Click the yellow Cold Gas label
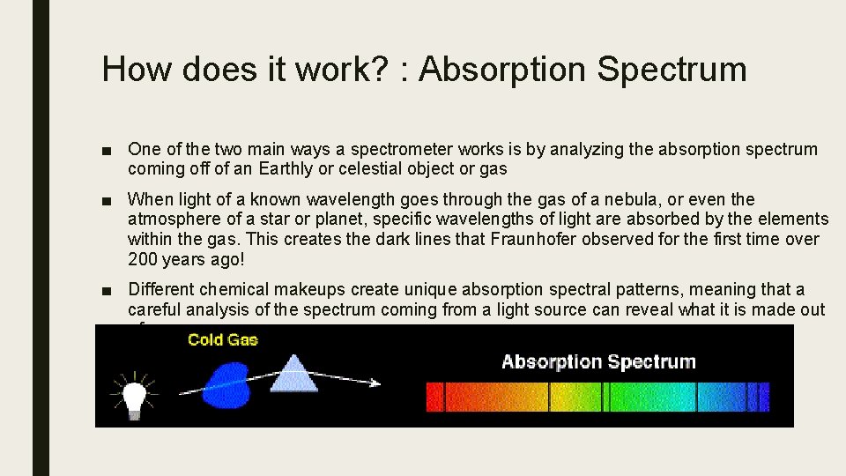click(222, 339)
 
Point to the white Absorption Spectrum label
click(598, 361)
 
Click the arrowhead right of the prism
click(375, 383)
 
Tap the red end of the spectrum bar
click(436, 397)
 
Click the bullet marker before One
click(107, 151)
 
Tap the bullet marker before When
click(107, 201)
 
